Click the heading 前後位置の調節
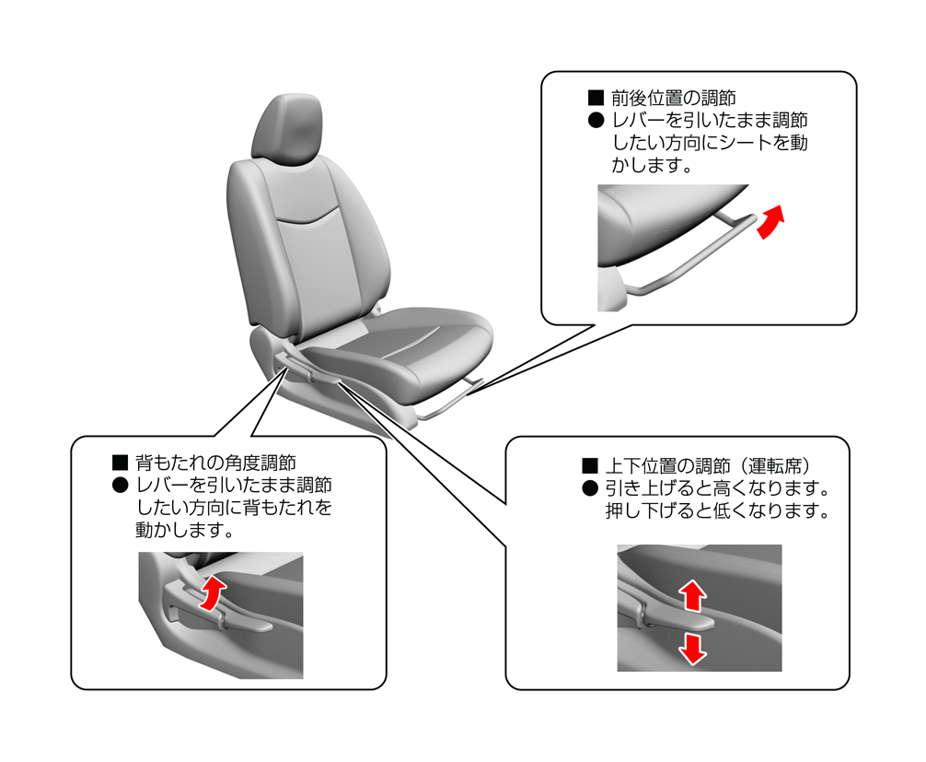[673, 98]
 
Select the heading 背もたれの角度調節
[215, 463]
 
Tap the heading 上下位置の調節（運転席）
[708, 466]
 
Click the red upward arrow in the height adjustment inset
[693, 595]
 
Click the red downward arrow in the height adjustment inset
[692, 649]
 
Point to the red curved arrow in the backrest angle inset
[212, 593]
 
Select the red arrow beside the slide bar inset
[770, 222]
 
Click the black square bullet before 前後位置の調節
[596, 99]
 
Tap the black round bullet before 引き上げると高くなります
[590, 488]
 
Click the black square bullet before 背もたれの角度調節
[121, 463]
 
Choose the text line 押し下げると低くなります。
[718, 510]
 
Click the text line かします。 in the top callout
[652, 165]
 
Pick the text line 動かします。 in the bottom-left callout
[185, 530]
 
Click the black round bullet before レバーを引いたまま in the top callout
[596, 121]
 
